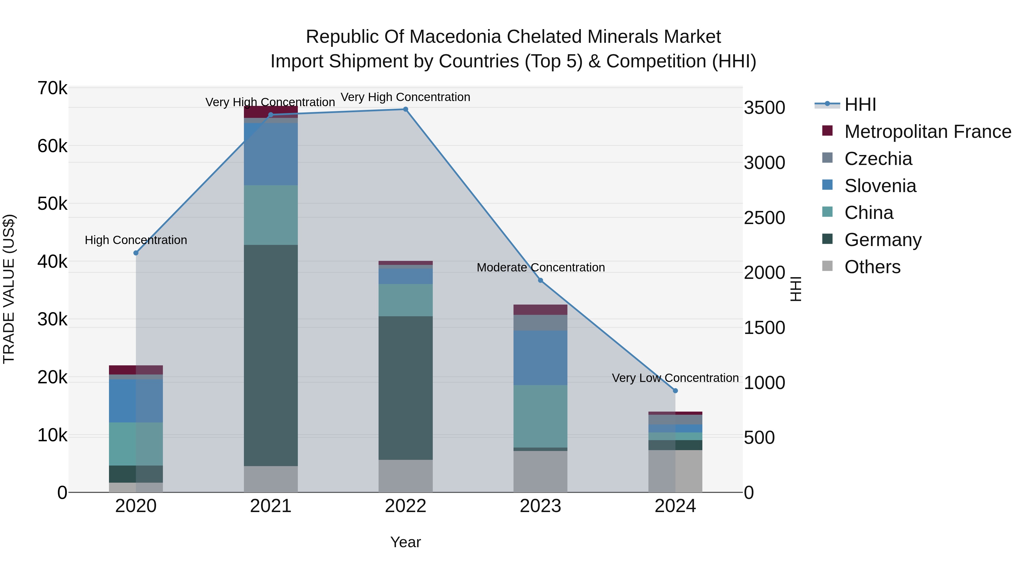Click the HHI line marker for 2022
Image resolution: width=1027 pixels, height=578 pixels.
[x=405, y=109]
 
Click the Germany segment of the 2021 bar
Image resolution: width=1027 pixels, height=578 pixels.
[x=271, y=355]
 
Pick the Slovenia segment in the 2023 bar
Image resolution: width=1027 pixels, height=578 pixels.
[x=540, y=358]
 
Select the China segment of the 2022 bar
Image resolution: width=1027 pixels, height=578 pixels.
[x=405, y=300]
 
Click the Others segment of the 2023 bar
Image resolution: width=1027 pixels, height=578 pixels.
[x=540, y=472]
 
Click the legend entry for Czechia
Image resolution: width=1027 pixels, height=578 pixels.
[x=878, y=159]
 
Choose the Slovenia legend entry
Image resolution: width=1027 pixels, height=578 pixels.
[x=880, y=186]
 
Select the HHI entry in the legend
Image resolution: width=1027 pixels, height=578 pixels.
[x=860, y=104]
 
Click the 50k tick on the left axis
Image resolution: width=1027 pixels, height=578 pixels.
[x=52, y=204]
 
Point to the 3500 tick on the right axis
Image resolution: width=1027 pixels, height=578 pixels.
[x=764, y=108]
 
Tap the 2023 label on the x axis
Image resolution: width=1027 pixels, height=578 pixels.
[x=540, y=506]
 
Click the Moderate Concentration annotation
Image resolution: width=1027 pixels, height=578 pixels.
[x=541, y=267]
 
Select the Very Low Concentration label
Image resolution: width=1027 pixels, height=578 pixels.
[x=675, y=378]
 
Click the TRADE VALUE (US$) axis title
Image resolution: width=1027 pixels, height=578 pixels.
[x=9, y=289]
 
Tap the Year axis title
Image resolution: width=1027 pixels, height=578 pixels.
[x=405, y=542]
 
